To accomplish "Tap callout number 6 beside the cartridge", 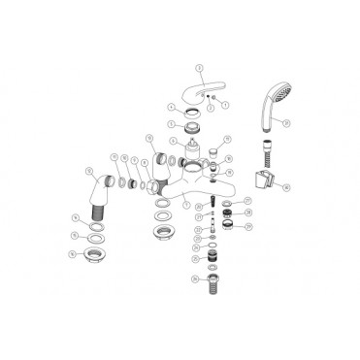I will tap(201, 139).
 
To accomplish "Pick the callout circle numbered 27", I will tap(245, 201).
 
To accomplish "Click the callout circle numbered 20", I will tap(198, 206).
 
